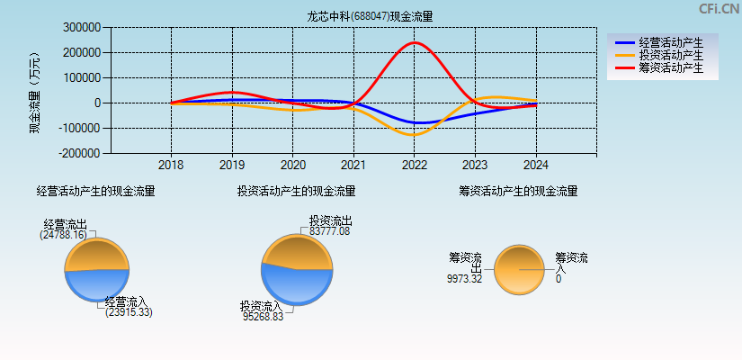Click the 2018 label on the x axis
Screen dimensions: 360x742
pos(171,166)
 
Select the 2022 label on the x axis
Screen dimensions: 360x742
pos(415,166)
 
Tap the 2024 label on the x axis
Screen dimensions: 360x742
pos(536,166)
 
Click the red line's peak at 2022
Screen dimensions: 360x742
pos(415,42)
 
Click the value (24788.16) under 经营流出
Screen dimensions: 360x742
pos(63,235)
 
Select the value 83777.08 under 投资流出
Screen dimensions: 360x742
pos(329,231)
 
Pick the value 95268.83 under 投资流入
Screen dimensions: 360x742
pos(263,317)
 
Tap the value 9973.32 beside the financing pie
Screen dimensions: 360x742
pos(464,279)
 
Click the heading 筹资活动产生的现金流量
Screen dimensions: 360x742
pos(518,191)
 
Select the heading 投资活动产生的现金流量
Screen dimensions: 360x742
pos(296,191)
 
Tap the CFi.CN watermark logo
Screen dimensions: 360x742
pos(719,9)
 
